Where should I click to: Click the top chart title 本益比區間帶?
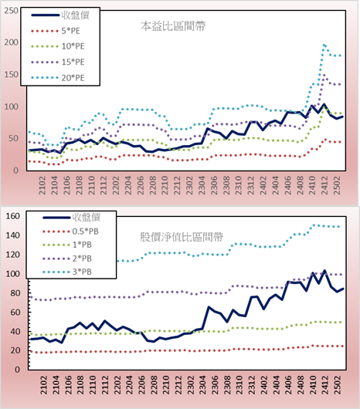(x=173, y=26)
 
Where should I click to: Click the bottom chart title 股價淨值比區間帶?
(x=182, y=237)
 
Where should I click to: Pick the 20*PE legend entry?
(x=58, y=78)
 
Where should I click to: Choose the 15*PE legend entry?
(x=58, y=62)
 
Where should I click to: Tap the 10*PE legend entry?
(x=58, y=46)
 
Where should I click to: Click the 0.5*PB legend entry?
(x=71, y=232)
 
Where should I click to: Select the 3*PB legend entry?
(x=67, y=272)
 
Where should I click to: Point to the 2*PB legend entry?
(x=67, y=259)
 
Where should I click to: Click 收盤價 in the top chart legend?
(x=60, y=15)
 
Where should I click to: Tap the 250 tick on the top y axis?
(x=12, y=11)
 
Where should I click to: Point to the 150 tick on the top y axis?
(x=12, y=75)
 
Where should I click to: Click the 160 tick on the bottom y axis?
(x=12, y=216)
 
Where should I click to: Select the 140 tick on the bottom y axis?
(x=12, y=235)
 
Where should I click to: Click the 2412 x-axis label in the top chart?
(x=324, y=185)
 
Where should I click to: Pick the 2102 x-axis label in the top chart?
(x=42, y=185)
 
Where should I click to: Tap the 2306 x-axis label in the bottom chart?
(x=215, y=385)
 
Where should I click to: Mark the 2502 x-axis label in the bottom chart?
(x=338, y=385)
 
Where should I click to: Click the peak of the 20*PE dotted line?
(x=324, y=46)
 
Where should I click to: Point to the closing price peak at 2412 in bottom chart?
(x=324, y=271)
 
